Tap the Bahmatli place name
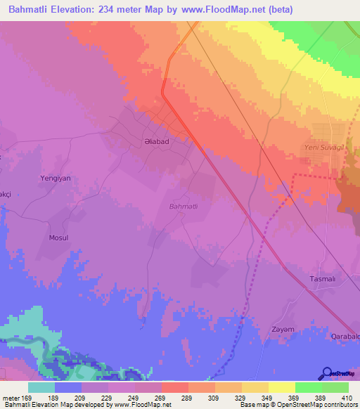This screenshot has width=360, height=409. click(184, 206)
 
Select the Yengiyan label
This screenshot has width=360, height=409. click(56, 178)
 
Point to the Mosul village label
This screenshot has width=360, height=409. click(58, 238)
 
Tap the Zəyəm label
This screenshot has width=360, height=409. click(282, 329)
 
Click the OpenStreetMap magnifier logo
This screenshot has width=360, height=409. click(327, 373)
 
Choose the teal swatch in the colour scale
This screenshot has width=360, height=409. click(41, 387)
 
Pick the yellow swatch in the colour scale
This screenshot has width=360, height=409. click(282, 387)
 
